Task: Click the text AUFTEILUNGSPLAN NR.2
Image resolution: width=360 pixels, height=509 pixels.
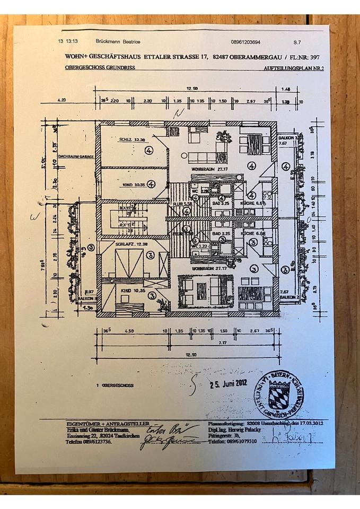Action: [x=293, y=69]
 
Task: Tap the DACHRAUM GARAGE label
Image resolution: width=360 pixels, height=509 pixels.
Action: [x=76, y=157]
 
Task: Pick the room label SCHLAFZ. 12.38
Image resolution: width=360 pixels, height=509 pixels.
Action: [x=129, y=243]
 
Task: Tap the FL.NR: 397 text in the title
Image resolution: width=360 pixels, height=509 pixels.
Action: [x=306, y=56]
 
